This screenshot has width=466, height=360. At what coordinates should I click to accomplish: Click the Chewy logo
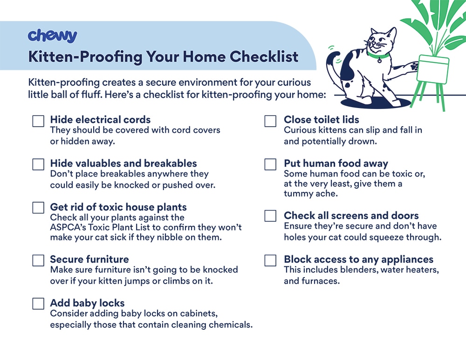(52, 36)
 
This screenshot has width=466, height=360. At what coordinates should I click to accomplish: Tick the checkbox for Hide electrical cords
(38, 121)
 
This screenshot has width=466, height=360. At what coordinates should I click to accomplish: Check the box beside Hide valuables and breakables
(38, 164)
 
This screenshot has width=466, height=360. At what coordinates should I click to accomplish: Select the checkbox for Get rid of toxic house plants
(38, 208)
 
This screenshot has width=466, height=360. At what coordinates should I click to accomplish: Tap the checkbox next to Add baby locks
(38, 304)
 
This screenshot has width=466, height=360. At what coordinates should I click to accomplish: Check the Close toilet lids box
(270, 121)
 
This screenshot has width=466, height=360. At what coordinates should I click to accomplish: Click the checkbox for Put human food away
(270, 164)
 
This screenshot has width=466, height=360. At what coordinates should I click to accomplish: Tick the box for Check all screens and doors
(270, 216)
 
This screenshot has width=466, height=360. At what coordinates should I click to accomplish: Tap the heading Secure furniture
(89, 259)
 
